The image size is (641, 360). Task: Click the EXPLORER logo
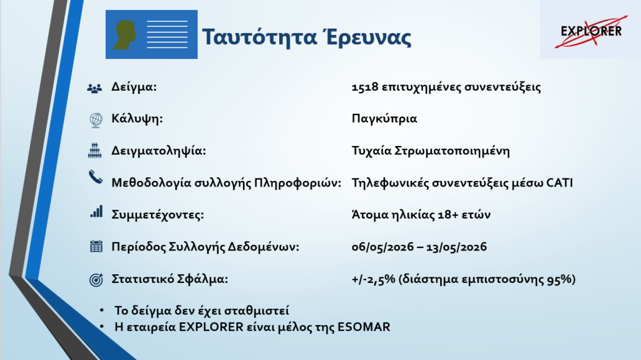click(x=591, y=31)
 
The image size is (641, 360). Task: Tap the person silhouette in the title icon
click(x=125, y=35)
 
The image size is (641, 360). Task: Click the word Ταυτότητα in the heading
click(x=260, y=37)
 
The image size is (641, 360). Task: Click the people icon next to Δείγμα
click(x=95, y=88)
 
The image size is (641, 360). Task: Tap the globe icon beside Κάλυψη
click(x=96, y=120)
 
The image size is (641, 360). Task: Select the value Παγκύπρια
click(x=384, y=118)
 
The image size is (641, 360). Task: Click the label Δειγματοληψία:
click(x=158, y=151)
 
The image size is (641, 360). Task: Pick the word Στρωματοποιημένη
click(x=452, y=151)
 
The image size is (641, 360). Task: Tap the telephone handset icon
click(x=96, y=178)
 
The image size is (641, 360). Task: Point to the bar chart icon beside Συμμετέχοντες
click(x=96, y=212)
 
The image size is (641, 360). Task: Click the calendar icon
click(x=96, y=246)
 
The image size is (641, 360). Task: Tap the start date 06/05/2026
click(x=382, y=247)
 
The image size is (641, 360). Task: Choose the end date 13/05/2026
click(x=456, y=247)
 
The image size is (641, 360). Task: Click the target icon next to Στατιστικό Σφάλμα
click(x=96, y=280)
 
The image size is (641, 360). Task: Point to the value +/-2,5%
click(x=373, y=279)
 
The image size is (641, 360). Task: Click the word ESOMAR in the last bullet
click(x=364, y=327)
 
